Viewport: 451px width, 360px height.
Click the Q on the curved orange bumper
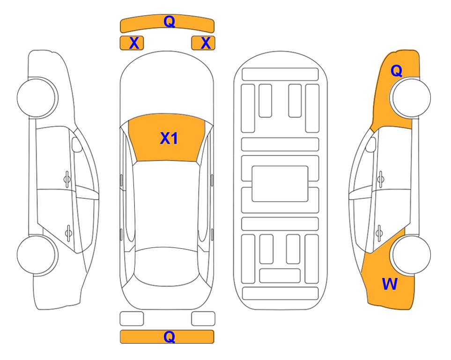tap(169, 21)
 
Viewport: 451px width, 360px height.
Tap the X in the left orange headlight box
tap(134, 43)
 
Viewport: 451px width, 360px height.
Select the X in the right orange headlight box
tap(206, 43)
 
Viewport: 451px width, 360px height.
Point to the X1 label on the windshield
tap(169, 138)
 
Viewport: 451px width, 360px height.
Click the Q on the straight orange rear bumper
tap(169, 337)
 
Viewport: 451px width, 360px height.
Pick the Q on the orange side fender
tap(396, 71)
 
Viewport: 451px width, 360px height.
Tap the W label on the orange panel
tap(390, 284)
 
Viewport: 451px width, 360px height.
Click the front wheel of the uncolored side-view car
tap(37, 97)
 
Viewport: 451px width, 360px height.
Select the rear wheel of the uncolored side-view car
tap(37, 255)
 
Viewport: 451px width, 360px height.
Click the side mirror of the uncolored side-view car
tap(77, 144)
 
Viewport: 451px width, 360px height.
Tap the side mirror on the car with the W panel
tap(370, 144)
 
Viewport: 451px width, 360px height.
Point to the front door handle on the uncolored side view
tap(67, 179)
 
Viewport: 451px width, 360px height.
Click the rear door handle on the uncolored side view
tap(68, 232)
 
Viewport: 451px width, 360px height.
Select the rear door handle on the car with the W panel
tap(379, 232)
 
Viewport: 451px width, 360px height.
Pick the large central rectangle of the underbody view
tap(280, 184)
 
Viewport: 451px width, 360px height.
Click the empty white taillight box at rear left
tap(132, 319)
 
